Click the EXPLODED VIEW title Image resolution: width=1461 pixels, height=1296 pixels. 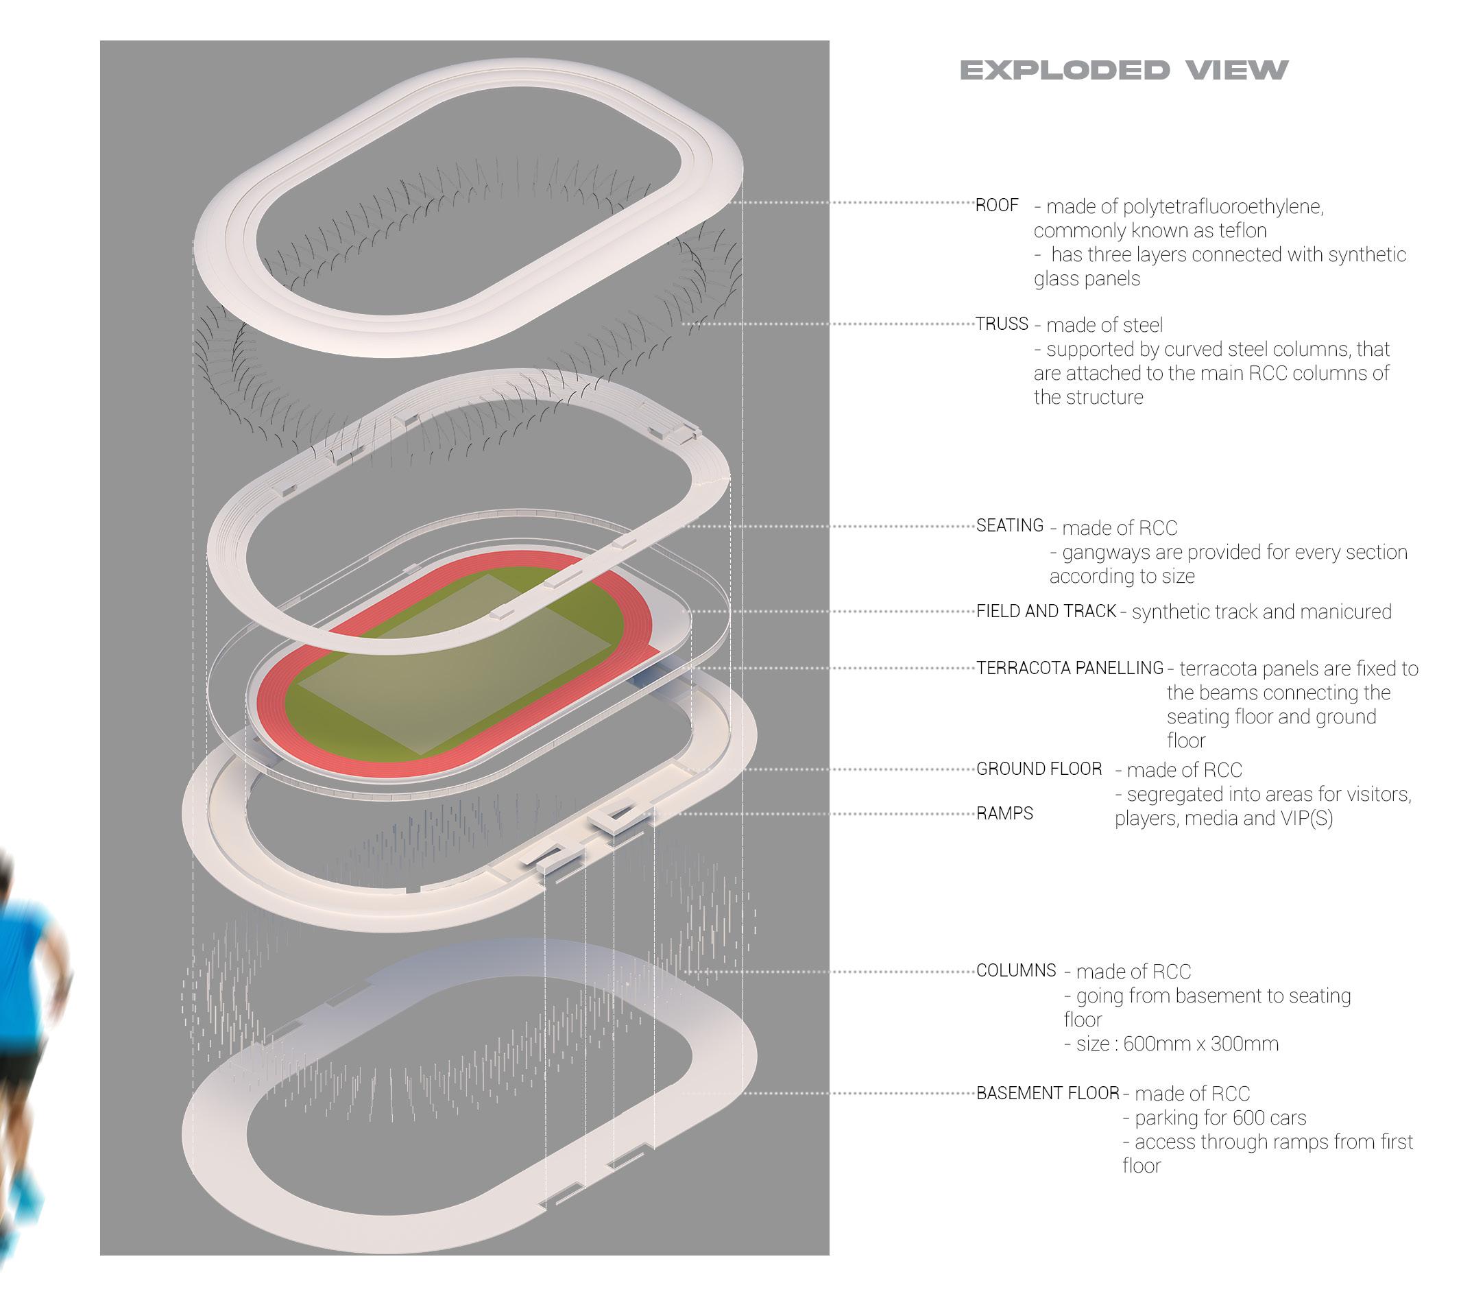(1123, 70)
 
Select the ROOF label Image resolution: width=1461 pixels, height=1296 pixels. (997, 206)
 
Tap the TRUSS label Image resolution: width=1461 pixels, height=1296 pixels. (1002, 324)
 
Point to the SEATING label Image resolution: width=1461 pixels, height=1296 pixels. (1010, 526)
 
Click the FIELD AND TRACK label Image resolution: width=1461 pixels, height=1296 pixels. (1046, 611)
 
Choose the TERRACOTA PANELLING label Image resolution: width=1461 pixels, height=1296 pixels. (1070, 669)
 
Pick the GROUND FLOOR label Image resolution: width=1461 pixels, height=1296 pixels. (1039, 769)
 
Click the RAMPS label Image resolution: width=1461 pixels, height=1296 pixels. (1005, 813)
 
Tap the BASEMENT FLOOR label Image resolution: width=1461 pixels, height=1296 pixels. (1048, 1094)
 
